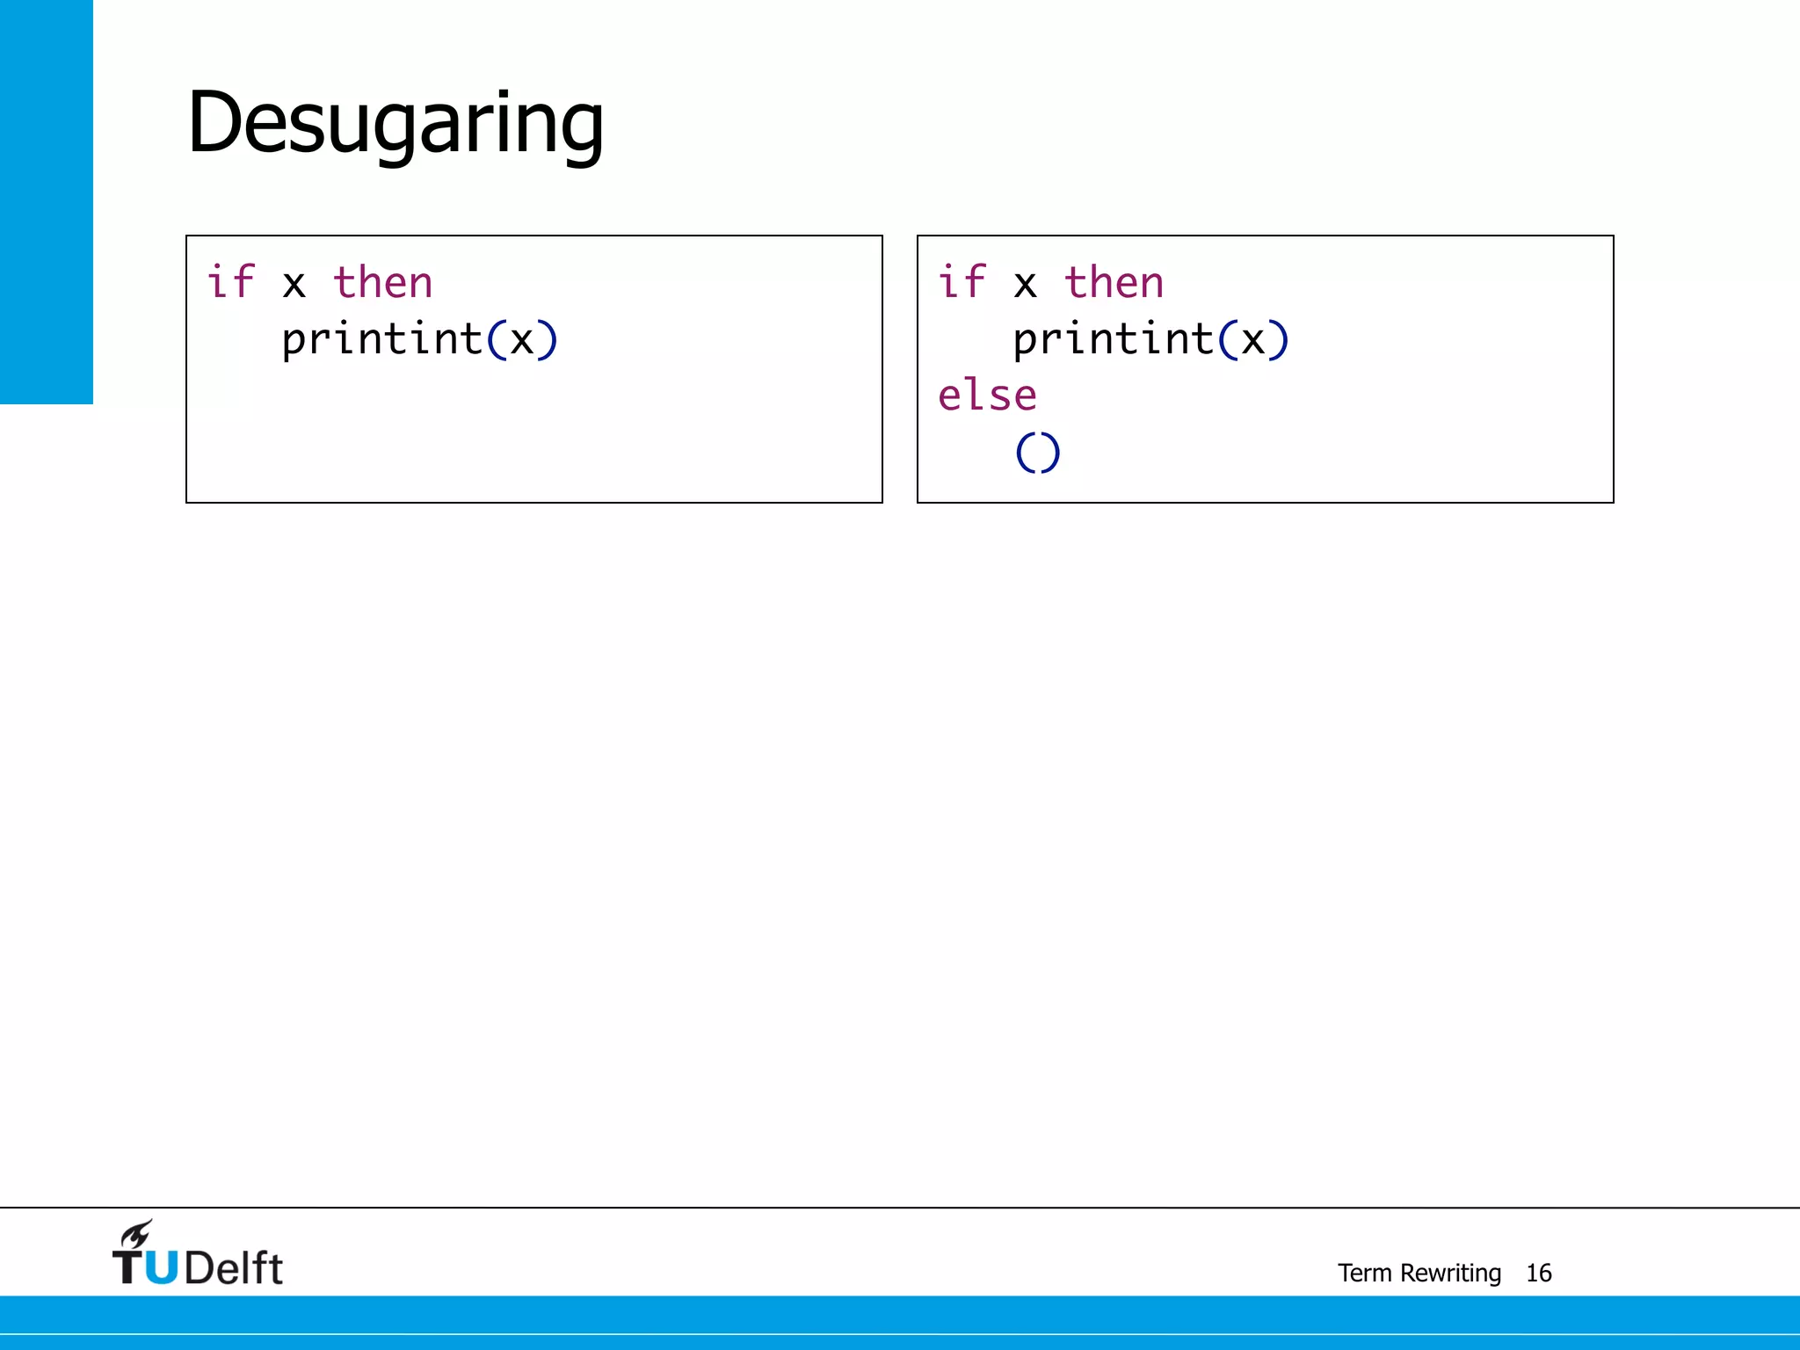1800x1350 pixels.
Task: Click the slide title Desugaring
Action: click(396, 123)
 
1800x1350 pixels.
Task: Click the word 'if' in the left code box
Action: click(230, 282)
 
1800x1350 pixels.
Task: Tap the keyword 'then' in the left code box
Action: click(382, 283)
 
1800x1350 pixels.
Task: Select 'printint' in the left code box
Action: click(381, 340)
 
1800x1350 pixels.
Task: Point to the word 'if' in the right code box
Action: click(962, 282)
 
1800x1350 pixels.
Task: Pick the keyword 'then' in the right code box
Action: click(1114, 283)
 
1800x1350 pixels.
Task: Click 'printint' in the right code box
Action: click(1113, 340)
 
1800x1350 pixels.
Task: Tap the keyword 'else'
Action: click(987, 396)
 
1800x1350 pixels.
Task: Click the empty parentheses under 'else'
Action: click(1038, 453)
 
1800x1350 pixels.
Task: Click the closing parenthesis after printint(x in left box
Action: click(548, 340)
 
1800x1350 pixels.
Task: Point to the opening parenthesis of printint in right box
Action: click(1228, 340)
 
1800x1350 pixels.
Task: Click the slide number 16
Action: click(1539, 1273)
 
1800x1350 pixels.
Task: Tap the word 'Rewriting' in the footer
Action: click(1450, 1273)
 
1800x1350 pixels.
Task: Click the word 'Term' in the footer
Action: click(1365, 1273)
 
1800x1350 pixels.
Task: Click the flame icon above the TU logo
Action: click(137, 1234)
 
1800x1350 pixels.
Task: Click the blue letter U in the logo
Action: click(161, 1267)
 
